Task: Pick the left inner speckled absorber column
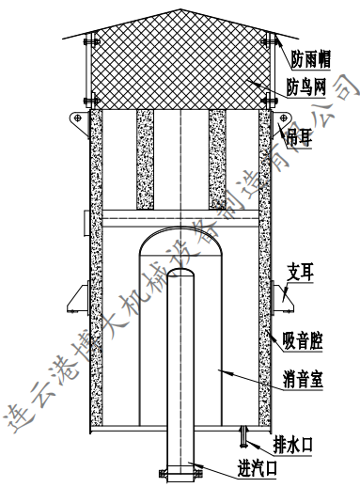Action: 145,160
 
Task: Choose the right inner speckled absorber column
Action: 217,160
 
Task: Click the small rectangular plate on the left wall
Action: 85,222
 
